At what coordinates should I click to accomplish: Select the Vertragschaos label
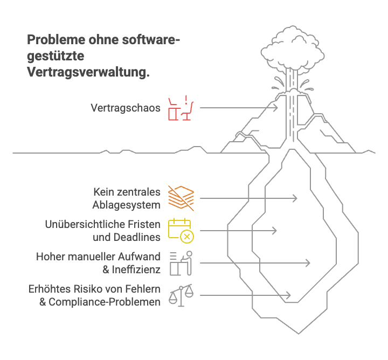pyautogui.click(x=125, y=108)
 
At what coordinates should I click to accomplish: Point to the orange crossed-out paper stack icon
pyautogui.click(x=182, y=197)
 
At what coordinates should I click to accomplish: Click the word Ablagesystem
pyautogui.click(x=127, y=205)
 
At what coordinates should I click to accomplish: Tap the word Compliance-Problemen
pyautogui.click(x=105, y=302)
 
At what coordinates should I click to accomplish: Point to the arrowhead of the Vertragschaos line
pyautogui.click(x=276, y=108)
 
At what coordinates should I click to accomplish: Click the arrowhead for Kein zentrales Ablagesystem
pyautogui.click(x=295, y=198)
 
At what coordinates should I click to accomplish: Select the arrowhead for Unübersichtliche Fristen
pyautogui.click(x=275, y=231)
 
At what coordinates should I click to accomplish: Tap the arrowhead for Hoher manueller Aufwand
pyautogui.click(x=308, y=263)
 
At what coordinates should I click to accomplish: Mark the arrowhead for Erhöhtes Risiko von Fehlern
pyautogui.click(x=289, y=295)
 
